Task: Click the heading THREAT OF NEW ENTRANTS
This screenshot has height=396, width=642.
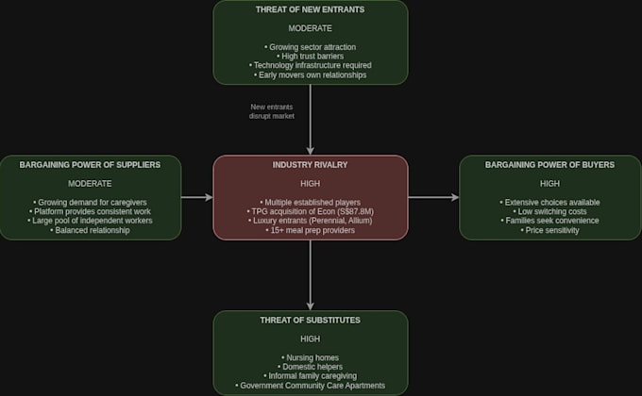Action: (x=310, y=9)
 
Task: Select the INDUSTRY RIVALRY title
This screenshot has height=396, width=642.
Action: (x=310, y=165)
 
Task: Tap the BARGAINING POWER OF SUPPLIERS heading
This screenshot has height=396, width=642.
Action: (x=90, y=165)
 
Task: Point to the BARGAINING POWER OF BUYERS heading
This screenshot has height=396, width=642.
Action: (x=549, y=165)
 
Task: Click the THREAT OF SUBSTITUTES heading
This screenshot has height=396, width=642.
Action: (x=310, y=321)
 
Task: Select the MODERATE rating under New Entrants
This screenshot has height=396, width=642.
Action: (x=310, y=28)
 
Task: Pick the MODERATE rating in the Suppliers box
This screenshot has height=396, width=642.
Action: (x=90, y=184)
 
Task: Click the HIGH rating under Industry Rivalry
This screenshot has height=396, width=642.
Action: (x=310, y=184)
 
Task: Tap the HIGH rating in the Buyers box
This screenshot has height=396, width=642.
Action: (x=549, y=184)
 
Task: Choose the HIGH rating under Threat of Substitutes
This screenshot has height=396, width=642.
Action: (x=310, y=339)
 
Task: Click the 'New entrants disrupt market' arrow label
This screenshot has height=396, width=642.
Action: (x=272, y=111)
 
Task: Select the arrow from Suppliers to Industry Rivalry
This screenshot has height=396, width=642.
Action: (x=197, y=198)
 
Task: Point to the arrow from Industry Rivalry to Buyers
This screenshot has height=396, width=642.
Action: (x=433, y=198)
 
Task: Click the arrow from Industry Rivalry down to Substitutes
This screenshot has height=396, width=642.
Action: (x=311, y=275)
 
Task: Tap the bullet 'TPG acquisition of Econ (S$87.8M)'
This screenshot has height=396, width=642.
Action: (x=310, y=211)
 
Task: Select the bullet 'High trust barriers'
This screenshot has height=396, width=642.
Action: (x=310, y=56)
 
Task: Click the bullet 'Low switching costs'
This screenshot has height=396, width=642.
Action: (x=549, y=211)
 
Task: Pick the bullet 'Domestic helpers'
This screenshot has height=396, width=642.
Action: (x=310, y=367)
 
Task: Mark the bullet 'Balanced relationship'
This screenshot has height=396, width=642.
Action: (x=90, y=230)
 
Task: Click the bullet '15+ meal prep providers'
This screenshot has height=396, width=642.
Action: (x=310, y=230)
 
